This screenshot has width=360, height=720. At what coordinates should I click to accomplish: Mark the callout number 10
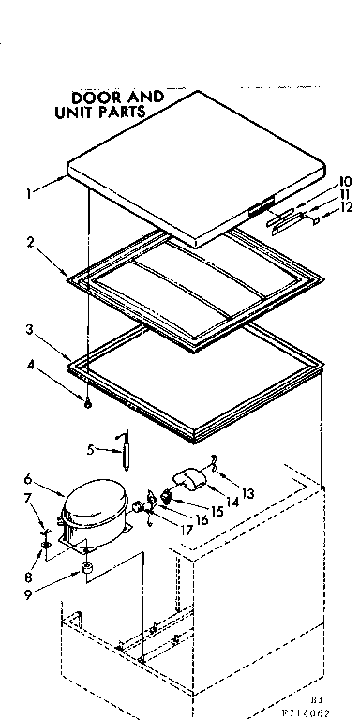click(344, 180)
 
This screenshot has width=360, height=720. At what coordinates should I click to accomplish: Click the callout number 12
click(345, 208)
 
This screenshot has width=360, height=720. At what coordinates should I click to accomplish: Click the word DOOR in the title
click(91, 97)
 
